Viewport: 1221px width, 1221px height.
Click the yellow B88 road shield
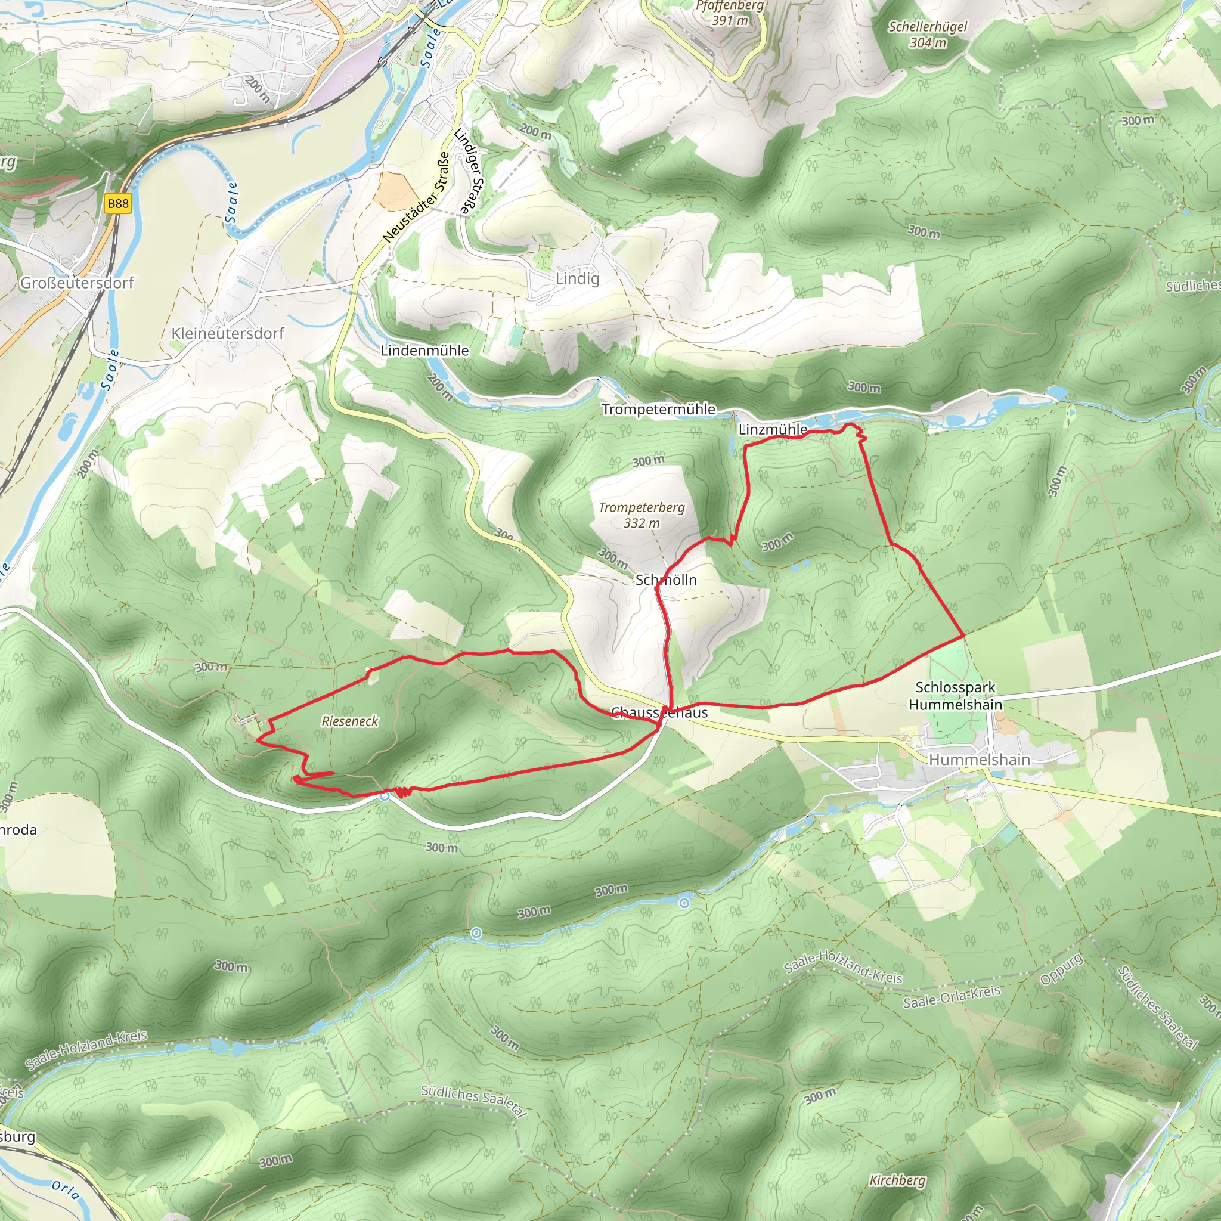pyautogui.click(x=117, y=203)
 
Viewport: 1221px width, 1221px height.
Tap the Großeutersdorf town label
pyautogui.click(x=77, y=283)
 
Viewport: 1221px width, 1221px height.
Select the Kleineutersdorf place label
pyautogui.click(x=228, y=333)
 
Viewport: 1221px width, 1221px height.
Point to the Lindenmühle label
pyautogui.click(x=424, y=351)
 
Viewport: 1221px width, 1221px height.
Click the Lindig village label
pyautogui.click(x=577, y=278)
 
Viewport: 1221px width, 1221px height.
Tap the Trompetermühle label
pyautogui.click(x=659, y=410)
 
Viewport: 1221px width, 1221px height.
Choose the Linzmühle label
pyautogui.click(x=772, y=430)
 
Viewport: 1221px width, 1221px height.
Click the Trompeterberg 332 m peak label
pyautogui.click(x=642, y=515)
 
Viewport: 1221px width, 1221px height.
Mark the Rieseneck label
pyautogui.click(x=349, y=721)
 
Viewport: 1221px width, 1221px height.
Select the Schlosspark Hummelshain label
pyautogui.click(x=955, y=696)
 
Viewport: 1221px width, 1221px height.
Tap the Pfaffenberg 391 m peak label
pyautogui.click(x=730, y=13)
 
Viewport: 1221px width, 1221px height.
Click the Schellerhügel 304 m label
pyautogui.click(x=928, y=35)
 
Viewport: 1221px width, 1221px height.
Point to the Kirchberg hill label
pyautogui.click(x=897, y=1180)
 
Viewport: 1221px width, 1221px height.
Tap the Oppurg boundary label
pyautogui.click(x=1062, y=969)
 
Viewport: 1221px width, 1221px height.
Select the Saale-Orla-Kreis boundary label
pyautogui.click(x=952, y=997)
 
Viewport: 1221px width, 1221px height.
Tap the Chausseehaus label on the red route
pyautogui.click(x=659, y=713)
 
